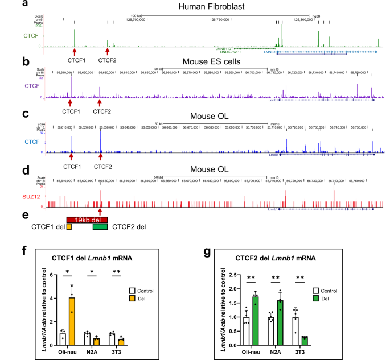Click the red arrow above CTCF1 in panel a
point(75,51)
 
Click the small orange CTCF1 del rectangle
point(69,227)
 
